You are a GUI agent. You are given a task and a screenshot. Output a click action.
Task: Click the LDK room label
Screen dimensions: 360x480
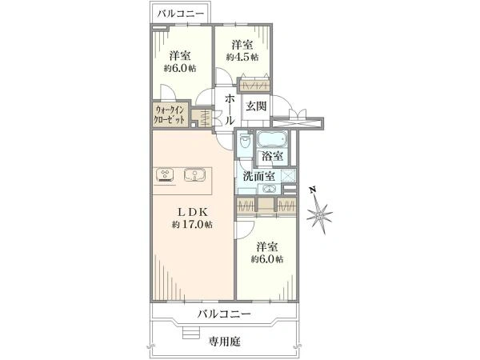point(192,212)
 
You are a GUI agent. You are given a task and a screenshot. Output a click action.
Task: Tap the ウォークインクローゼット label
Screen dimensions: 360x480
point(170,114)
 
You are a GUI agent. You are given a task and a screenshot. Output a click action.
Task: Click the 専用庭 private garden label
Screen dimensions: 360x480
point(225,341)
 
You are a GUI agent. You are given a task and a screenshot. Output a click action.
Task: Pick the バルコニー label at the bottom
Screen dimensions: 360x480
point(225,314)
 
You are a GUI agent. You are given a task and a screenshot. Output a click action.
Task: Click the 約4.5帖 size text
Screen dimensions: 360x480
point(242,58)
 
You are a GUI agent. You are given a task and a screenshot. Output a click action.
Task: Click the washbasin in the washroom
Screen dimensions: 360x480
point(270,190)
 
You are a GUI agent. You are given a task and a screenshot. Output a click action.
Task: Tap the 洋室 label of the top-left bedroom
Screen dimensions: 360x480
point(180,56)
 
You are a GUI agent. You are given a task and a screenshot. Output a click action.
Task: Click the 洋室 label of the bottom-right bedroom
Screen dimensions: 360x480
point(266,247)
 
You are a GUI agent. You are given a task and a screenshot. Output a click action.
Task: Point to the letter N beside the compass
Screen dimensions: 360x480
point(310,190)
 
